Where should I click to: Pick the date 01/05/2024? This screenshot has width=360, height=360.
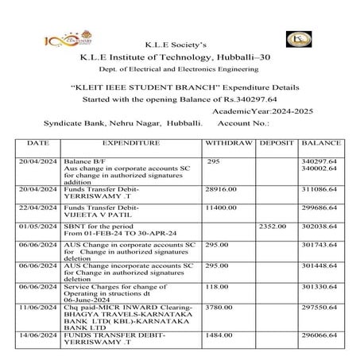(38, 226)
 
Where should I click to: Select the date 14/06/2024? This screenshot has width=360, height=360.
(38, 336)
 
